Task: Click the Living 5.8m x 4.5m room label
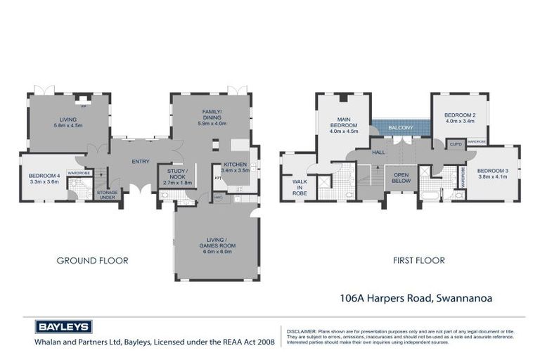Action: click(x=67, y=122)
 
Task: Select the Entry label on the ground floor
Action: click(x=141, y=162)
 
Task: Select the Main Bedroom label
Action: click(x=343, y=127)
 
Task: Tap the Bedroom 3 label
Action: click(x=491, y=174)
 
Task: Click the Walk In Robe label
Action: click(x=300, y=186)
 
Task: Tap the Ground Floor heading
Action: click(x=92, y=260)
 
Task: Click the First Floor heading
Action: click(x=419, y=260)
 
